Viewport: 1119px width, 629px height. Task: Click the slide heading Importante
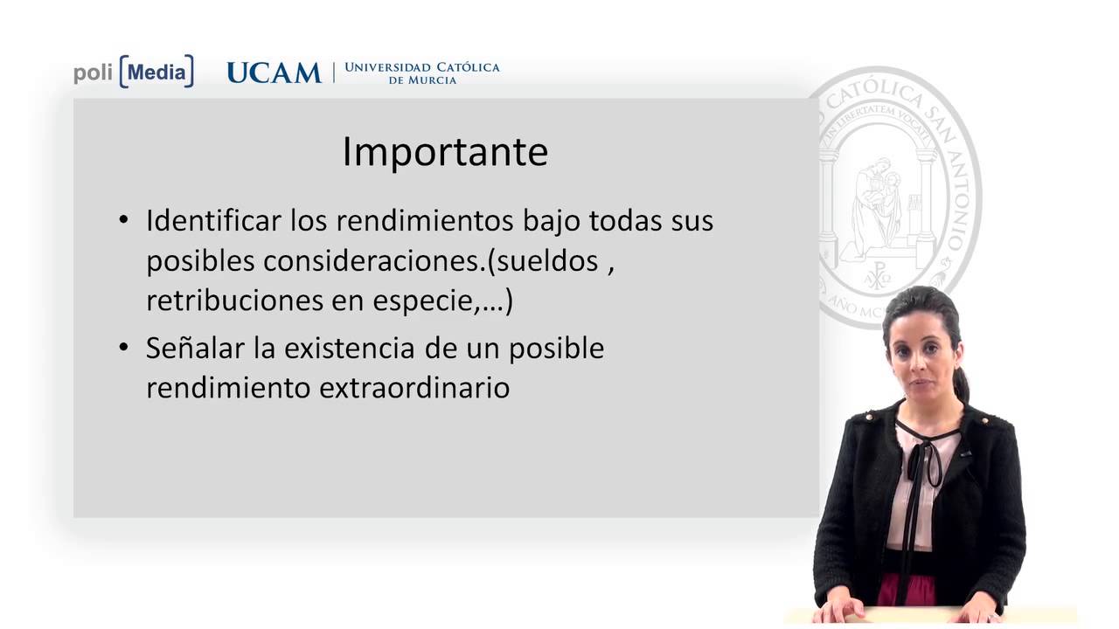(x=444, y=152)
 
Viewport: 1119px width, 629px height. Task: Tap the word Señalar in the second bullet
(x=186, y=348)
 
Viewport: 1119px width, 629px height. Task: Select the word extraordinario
(x=414, y=387)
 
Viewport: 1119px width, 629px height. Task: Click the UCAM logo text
(x=274, y=73)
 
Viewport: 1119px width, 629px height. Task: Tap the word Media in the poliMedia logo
(x=156, y=73)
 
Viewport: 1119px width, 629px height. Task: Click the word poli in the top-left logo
(x=93, y=73)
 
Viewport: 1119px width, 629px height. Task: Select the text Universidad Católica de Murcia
(x=421, y=73)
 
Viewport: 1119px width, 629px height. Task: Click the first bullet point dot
(x=123, y=221)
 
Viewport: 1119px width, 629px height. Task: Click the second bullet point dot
(x=123, y=349)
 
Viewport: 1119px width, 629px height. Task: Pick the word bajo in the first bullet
(x=551, y=220)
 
